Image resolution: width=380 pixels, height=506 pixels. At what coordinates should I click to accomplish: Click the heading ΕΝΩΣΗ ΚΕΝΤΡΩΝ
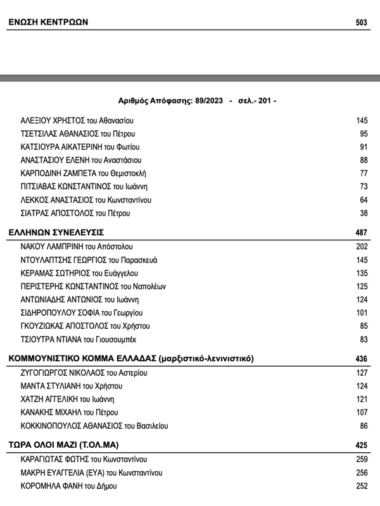pos(47,23)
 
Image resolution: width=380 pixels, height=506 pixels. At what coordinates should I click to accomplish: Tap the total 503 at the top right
pos(362,23)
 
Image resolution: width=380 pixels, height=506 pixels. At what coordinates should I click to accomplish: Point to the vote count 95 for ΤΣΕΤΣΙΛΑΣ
pos(364,134)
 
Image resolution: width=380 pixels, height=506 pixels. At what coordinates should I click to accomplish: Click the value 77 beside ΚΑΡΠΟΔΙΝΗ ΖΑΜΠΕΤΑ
pos(364,173)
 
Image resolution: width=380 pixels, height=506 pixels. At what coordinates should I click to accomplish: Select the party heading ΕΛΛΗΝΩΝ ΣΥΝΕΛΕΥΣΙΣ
pos(56,232)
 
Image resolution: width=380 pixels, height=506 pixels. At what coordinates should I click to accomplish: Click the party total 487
pos(362,232)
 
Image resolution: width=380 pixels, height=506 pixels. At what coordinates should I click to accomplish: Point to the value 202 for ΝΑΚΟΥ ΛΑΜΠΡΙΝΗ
pos(362,247)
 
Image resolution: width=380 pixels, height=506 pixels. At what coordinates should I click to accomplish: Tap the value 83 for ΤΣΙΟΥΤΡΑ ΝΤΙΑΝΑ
pos(364,339)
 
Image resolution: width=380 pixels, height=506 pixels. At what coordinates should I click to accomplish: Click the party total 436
pos(362,359)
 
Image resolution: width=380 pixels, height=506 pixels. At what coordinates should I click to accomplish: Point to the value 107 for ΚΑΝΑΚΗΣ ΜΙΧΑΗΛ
pos(362,412)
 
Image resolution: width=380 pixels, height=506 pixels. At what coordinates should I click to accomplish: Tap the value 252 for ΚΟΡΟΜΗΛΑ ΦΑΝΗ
pos(362,486)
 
